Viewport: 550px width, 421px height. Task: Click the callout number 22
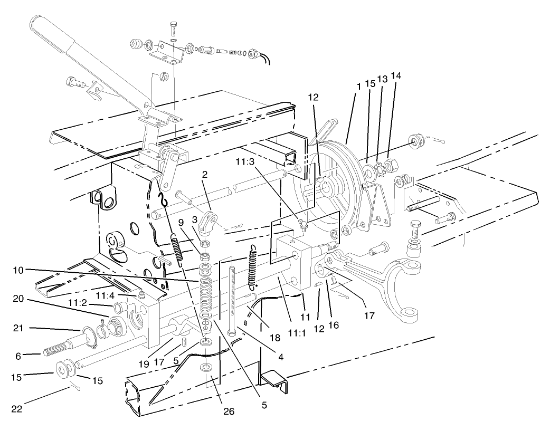(x=17, y=409)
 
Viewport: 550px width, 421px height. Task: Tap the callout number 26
(x=229, y=411)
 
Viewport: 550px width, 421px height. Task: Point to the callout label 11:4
(x=106, y=296)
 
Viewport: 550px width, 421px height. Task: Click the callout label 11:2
(x=78, y=302)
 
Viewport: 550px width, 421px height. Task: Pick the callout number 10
(x=18, y=270)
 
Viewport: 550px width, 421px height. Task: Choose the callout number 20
(x=18, y=299)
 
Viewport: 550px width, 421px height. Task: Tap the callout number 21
(x=18, y=328)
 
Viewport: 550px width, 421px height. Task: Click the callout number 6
(x=18, y=356)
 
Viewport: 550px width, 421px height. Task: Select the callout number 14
(x=396, y=76)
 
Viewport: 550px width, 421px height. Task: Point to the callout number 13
(x=382, y=79)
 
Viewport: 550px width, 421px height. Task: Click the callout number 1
(x=358, y=87)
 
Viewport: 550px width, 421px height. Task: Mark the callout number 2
(x=205, y=174)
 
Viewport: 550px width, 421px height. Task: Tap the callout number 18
(x=275, y=338)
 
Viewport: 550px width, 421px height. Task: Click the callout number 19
(x=144, y=364)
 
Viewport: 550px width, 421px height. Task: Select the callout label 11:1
(x=297, y=333)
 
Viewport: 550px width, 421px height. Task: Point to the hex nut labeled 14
(x=389, y=164)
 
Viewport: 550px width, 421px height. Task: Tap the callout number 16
(x=334, y=325)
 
